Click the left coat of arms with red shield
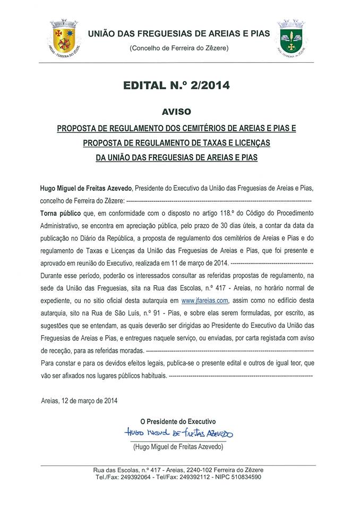64,36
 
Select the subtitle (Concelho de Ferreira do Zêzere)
179,48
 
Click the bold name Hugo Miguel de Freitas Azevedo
87,189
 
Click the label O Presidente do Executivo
178,421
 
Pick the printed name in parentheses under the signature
178,447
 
